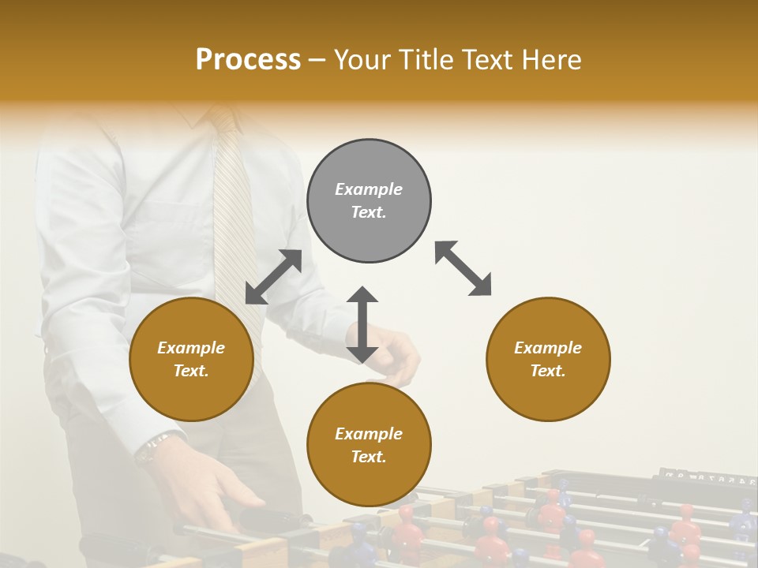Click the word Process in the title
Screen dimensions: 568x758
click(x=248, y=60)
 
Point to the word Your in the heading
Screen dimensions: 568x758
click(x=362, y=60)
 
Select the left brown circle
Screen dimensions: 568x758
click(x=191, y=394)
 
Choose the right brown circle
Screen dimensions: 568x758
click(x=548, y=394)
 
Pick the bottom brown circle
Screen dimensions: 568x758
click(x=369, y=481)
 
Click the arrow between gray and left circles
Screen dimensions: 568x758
click(x=274, y=277)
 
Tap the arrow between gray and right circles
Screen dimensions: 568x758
click(x=463, y=268)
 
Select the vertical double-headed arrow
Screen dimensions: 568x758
click(x=362, y=324)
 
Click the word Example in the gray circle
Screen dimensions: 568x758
click(x=369, y=189)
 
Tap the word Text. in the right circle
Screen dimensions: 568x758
click(x=548, y=371)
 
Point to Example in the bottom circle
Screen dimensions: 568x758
click(x=369, y=434)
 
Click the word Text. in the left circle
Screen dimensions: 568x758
click(x=191, y=371)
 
